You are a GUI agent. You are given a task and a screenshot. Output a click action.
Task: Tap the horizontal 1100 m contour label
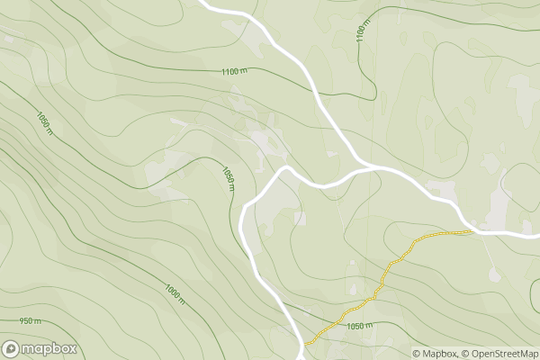click(234, 71)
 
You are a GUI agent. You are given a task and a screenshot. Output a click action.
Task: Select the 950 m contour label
click(30, 321)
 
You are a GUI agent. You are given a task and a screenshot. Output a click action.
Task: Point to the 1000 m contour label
click(175, 293)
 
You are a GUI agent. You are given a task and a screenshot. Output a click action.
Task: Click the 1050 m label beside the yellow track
click(359, 326)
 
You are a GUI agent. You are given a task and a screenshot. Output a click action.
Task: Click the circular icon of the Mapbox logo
click(12, 349)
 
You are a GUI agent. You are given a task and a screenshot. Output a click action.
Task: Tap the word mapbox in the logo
click(49, 349)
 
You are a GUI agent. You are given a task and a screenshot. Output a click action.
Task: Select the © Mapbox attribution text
click(435, 353)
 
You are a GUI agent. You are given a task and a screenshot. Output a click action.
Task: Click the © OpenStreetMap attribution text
click(499, 353)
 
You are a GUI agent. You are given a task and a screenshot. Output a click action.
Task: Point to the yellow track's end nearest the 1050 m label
click(308, 344)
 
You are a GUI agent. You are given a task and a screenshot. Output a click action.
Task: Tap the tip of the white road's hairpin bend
click(284, 167)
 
